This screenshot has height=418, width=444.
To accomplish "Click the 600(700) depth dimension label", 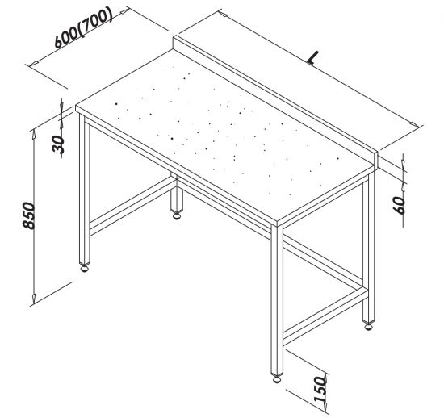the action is pyautogui.click(x=83, y=27).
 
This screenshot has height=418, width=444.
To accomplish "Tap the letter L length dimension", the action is pyautogui.click(x=313, y=58).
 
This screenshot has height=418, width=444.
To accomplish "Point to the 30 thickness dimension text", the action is pyautogui.click(x=59, y=144).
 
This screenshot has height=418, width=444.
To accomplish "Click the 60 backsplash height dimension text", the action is pyautogui.click(x=400, y=205).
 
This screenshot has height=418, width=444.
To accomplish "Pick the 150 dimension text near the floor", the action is pyautogui.click(x=320, y=389).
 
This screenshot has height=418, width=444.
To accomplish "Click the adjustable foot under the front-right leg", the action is pyautogui.click(x=277, y=378).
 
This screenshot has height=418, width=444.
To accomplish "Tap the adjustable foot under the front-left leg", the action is pyautogui.click(x=85, y=267).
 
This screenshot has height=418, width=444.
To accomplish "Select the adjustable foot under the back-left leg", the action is pyautogui.click(x=177, y=215).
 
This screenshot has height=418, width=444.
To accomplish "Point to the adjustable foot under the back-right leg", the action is pyautogui.click(x=368, y=325).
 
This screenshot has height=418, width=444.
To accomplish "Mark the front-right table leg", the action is pyautogui.click(x=277, y=299).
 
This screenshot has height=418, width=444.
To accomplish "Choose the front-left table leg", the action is pyautogui.click(x=85, y=189).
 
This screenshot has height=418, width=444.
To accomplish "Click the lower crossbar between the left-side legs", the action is pyautogui.click(x=131, y=205).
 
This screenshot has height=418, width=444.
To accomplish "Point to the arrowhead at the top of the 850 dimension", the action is pyautogui.click(x=34, y=134).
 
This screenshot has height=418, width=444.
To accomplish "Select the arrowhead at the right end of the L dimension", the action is pyautogui.click(x=413, y=124).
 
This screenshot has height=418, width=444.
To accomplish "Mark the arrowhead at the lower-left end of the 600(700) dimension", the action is pyautogui.click(x=34, y=63).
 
